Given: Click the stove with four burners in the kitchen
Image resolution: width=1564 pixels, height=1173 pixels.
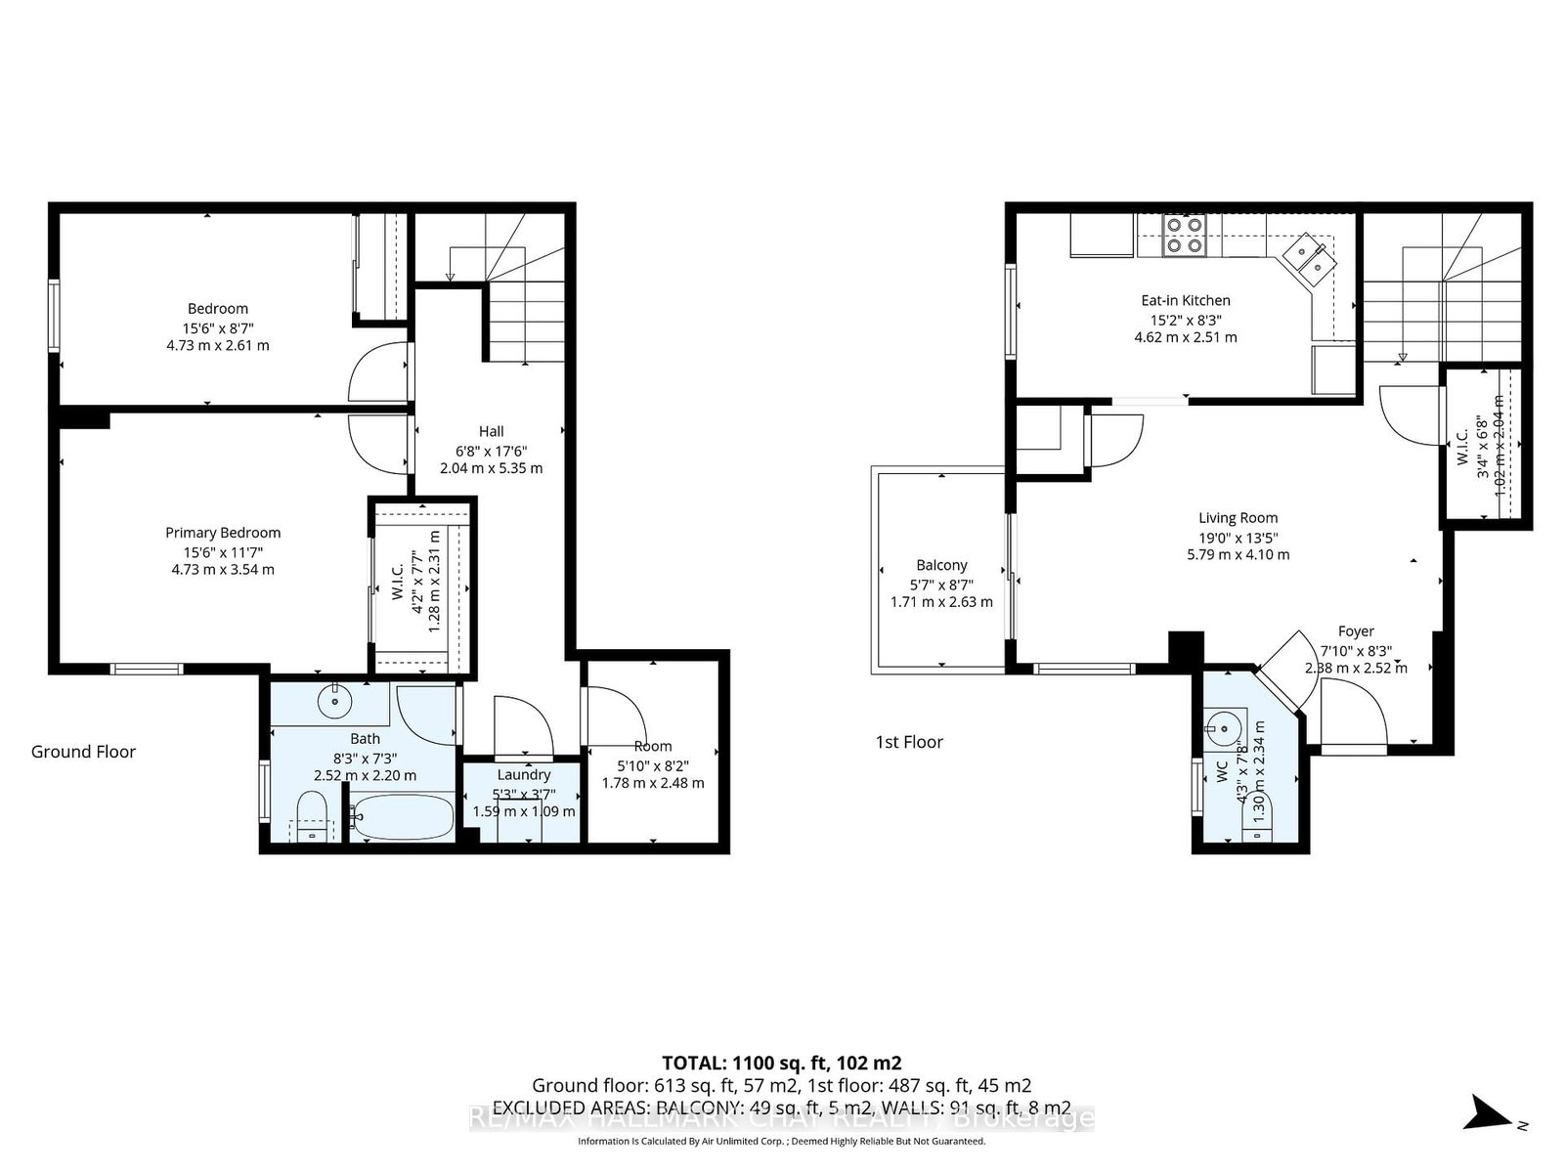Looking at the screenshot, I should click(1184, 236).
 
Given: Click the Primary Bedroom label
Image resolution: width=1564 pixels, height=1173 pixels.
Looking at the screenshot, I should click(223, 533).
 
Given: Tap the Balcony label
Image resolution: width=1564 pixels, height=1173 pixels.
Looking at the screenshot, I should click(941, 565).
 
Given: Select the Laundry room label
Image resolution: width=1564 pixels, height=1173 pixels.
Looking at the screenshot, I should click(524, 774).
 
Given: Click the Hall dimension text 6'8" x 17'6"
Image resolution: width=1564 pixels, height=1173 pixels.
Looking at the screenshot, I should click(491, 451).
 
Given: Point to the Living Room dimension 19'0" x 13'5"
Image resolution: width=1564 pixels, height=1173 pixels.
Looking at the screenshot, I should click(1238, 537).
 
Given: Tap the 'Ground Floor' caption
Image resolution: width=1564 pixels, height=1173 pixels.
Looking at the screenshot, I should click(83, 752).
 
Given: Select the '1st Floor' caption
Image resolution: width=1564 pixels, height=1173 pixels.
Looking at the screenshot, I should click(909, 742).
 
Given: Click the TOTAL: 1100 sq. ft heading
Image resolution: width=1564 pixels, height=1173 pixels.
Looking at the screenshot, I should click(781, 1063).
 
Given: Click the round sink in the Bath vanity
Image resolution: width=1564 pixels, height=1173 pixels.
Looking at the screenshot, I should click(335, 700).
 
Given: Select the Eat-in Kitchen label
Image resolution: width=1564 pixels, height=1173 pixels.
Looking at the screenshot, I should click(1185, 300).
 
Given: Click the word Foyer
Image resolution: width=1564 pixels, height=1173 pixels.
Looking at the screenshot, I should click(1356, 631).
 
